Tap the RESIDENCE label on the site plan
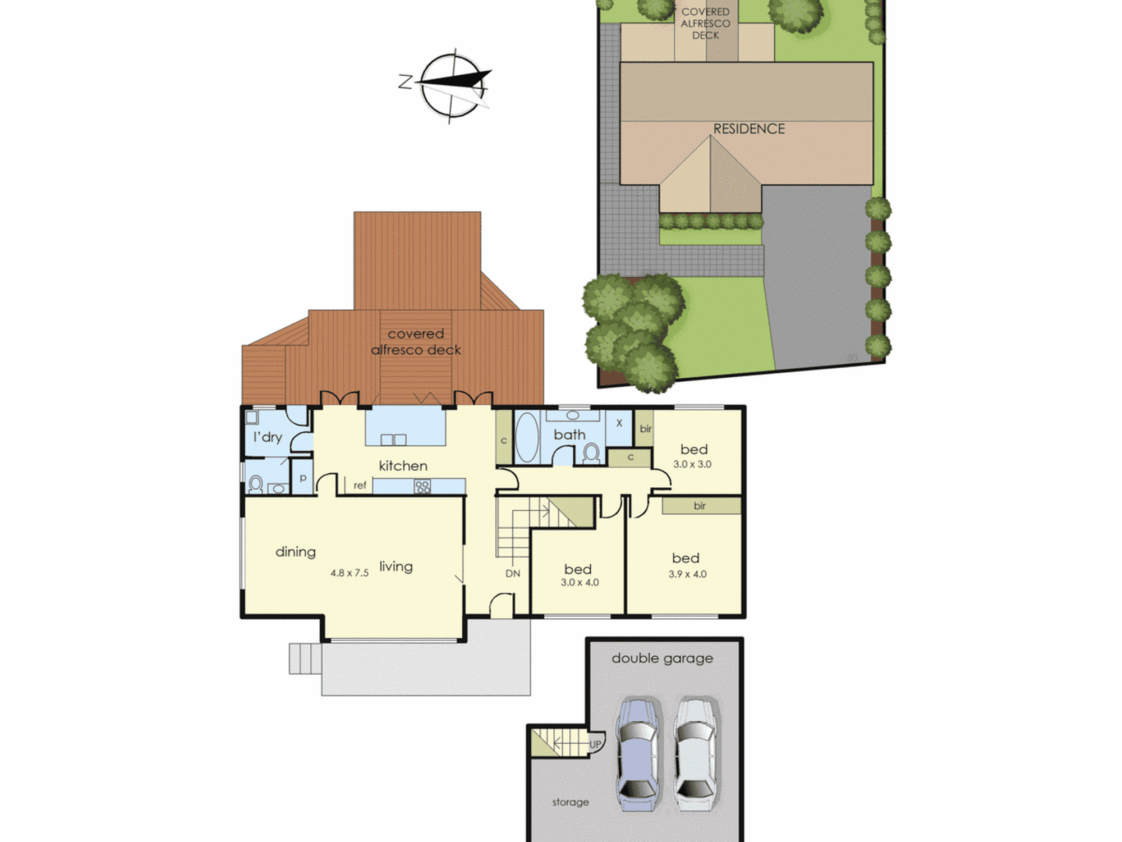click(749, 129)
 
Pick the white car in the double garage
click(695, 754)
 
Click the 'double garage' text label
click(662, 659)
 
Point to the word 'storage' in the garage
click(571, 803)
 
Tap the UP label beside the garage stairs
click(595, 744)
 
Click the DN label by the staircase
click(513, 574)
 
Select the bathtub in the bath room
click(527, 438)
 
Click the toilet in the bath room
click(591, 453)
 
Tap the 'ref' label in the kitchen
click(360, 486)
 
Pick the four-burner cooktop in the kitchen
click(422, 486)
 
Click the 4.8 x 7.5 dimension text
click(350, 573)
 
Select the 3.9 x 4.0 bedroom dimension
click(687, 574)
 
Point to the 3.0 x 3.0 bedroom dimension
click(692, 464)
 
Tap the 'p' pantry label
click(303, 478)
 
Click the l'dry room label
click(268, 437)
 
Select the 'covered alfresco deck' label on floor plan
click(416, 342)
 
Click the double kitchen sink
click(393, 440)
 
